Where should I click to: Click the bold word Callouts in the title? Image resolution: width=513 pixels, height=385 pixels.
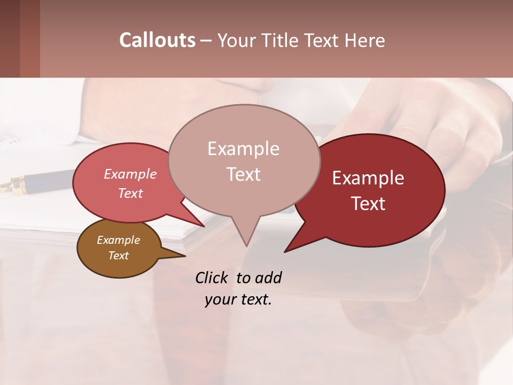pos(157,40)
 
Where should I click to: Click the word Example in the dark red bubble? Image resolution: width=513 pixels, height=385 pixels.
pos(368,178)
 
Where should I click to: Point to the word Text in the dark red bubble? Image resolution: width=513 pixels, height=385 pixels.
pos(368,204)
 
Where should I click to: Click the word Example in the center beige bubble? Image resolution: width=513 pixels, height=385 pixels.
pos(243,149)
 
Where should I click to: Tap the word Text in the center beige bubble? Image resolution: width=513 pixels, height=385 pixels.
pos(243,174)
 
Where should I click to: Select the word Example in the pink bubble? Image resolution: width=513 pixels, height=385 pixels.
pos(130,174)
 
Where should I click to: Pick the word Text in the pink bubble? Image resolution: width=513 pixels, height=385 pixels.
pos(130,193)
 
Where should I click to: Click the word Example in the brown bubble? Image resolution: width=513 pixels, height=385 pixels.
pos(119,240)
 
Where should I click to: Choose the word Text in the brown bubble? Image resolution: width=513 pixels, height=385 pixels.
pos(119,256)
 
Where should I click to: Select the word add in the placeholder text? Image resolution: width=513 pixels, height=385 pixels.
pos(268,278)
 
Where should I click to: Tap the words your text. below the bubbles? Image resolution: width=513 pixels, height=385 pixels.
pos(238,300)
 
